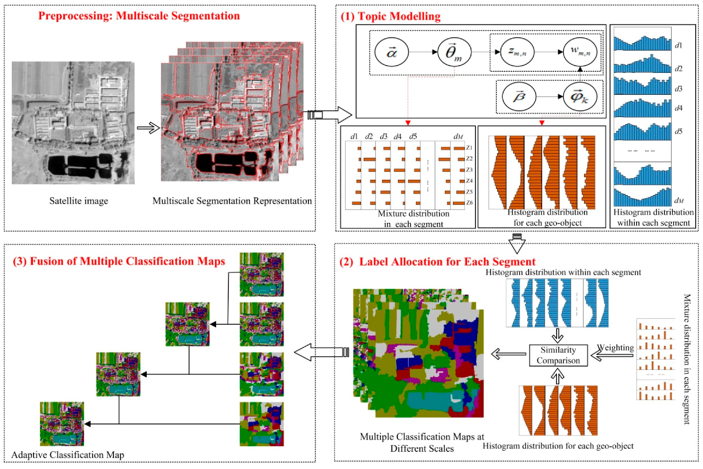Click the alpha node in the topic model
392,52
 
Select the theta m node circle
454,52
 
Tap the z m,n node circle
517,52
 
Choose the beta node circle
519,97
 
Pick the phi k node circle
580,97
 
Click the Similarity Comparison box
558,355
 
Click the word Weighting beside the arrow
615,347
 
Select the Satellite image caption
79,201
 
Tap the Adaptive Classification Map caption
67,455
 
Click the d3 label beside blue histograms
678,89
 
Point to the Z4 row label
469,181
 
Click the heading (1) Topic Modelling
390,16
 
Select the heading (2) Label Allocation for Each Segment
438,262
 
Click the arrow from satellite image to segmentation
148,128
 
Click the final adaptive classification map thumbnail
62,424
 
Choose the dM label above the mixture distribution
458,136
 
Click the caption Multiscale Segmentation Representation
232,201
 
